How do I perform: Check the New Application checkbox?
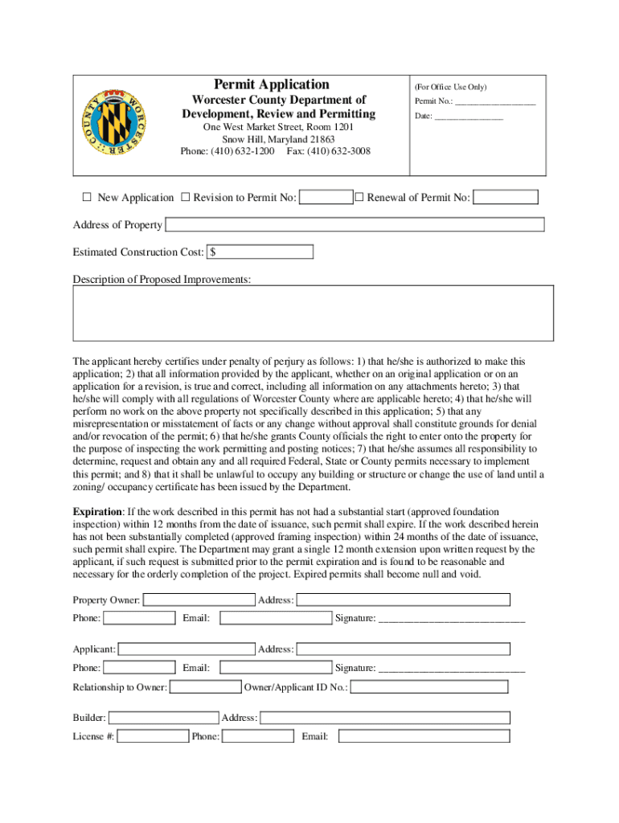click(x=87, y=197)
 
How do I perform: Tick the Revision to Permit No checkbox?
click(x=185, y=197)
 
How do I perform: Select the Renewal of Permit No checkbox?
click(x=359, y=197)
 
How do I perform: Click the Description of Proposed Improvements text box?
click(x=313, y=313)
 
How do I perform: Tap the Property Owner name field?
click(x=199, y=600)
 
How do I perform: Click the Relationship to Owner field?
click(x=206, y=687)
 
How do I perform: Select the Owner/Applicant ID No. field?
click(x=429, y=687)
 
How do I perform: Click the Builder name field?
click(x=163, y=718)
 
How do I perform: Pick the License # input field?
click(x=153, y=736)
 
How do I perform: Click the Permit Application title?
click(x=272, y=84)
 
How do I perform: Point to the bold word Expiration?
click(x=97, y=512)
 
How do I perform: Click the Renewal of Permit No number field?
click(x=506, y=197)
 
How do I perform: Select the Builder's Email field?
click(x=424, y=736)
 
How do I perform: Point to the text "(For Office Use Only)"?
click(x=450, y=87)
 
